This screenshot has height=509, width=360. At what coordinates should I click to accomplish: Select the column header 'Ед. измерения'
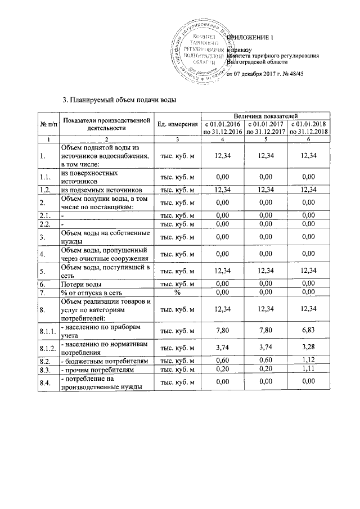pyautogui.click(x=177, y=124)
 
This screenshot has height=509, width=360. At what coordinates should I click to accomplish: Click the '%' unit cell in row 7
pyautogui.click(x=177, y=292)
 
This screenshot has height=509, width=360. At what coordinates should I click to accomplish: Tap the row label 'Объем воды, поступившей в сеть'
pyautogui.click(x=105, y=272)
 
